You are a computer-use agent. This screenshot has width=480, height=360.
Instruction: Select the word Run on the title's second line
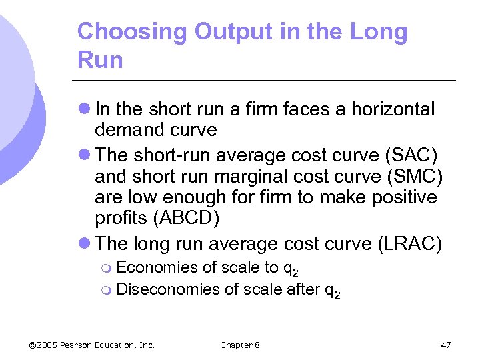(x=100, y=60)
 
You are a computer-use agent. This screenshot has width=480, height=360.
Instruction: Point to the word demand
(x=129, y=129)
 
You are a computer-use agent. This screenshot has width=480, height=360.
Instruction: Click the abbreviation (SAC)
(x=411, y=156)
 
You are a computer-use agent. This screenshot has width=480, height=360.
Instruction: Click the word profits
(x=119, y=218)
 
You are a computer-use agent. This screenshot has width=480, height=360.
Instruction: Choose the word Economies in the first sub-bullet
(x=157, y=268)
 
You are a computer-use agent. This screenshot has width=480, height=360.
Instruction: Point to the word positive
(x=407, y=197)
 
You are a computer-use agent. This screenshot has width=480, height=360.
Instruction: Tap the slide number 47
(x=446, y=345)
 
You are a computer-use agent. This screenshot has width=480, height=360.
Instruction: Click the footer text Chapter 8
(x=240, y=345)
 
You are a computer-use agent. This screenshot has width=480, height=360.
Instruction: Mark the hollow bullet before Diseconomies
(x=109, y=290)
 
